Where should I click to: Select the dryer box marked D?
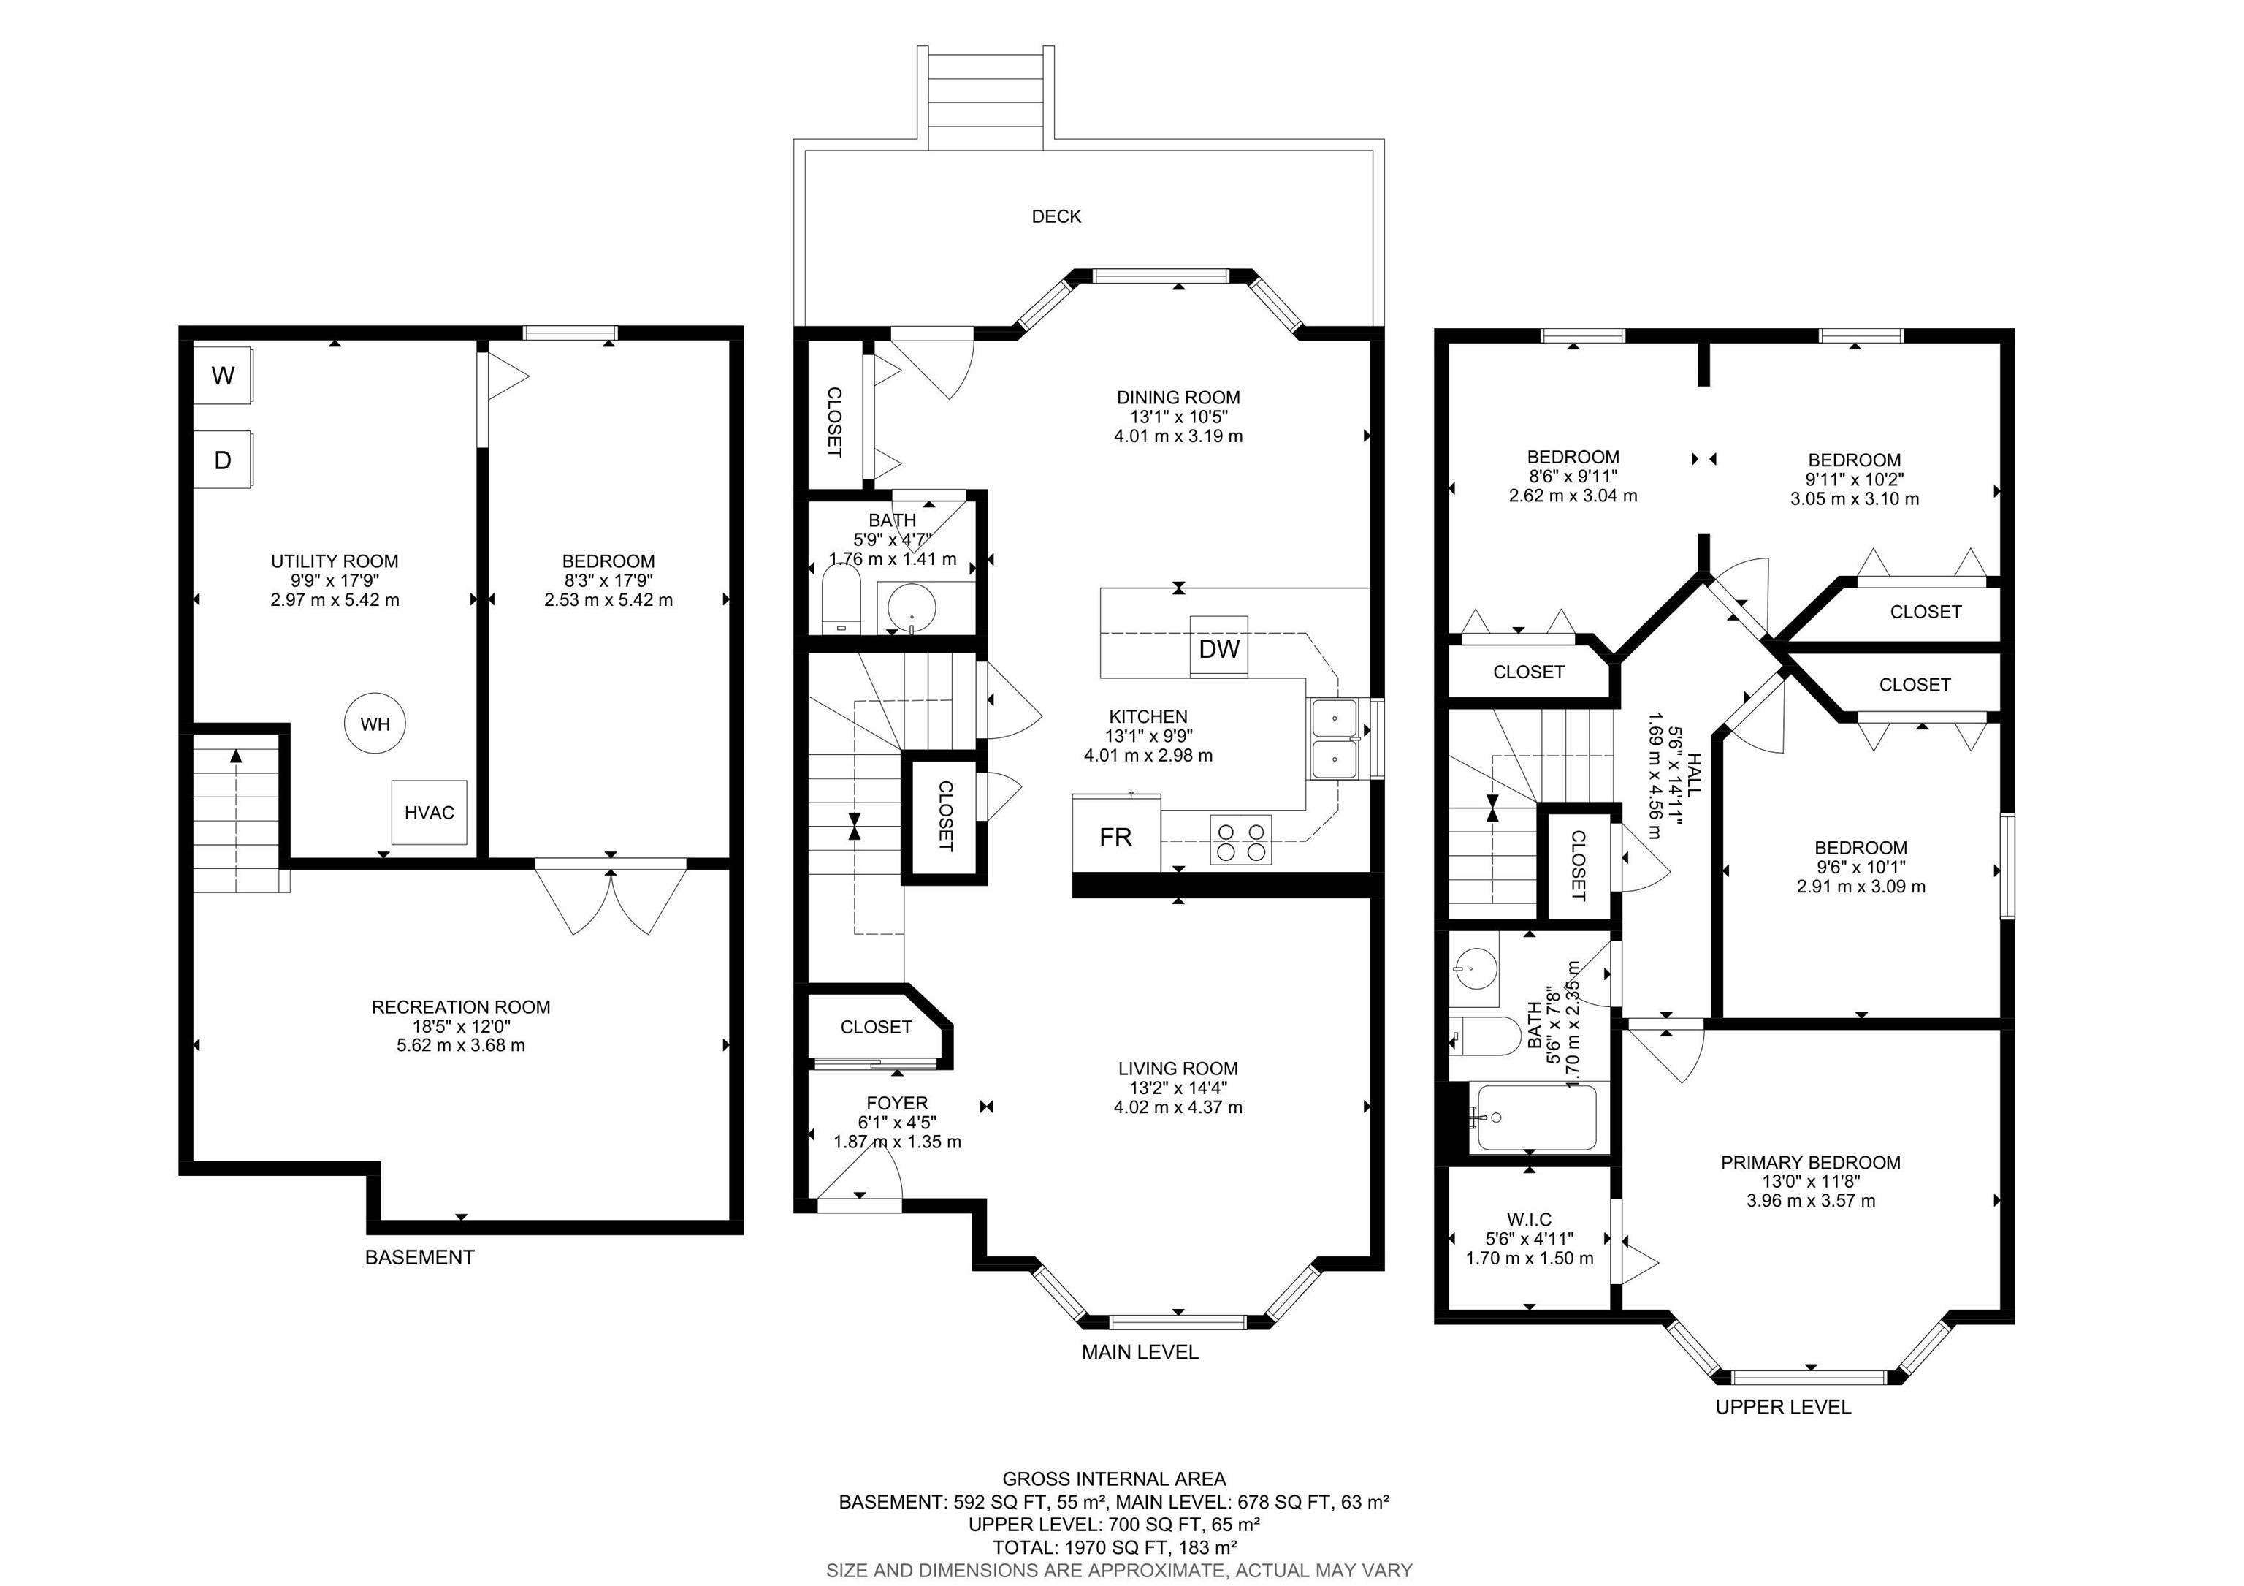pos(224,460)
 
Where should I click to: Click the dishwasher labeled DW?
pos(1218,646)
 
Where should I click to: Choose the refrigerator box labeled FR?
pos(1116,834)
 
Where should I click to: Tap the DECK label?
pos(1056,216)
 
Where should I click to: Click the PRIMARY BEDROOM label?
pos(1811,1163)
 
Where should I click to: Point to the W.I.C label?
pos(1530,1219)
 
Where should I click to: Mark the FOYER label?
pos(897,1103)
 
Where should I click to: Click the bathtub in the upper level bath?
pos(1535,1118)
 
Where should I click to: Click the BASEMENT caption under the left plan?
pos(420,1257)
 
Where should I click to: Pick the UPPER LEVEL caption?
pos(1784,1407)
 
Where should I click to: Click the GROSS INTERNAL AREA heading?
pos(1114,1479)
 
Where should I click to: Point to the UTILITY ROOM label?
pos(335,561)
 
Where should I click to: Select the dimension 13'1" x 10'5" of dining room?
pos(1179,417)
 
